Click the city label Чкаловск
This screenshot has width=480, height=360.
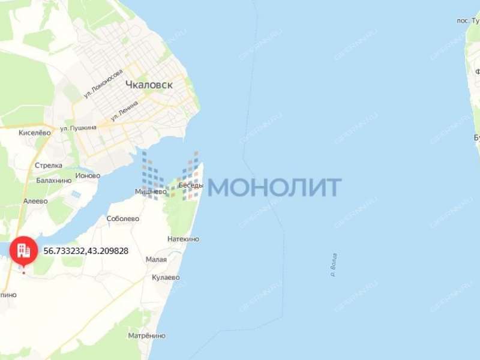(149, 85)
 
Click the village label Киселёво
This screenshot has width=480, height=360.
(35, 133)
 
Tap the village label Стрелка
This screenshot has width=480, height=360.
(49, 165)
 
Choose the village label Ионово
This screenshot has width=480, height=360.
(88, 176)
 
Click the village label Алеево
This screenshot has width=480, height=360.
(35, 201)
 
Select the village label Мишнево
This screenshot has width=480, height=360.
(150, 192)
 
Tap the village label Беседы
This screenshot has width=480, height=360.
(190, 185)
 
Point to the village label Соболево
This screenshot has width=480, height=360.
(123, 219)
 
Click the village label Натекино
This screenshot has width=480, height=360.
(183, 239)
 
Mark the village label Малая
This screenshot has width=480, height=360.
(156, 260)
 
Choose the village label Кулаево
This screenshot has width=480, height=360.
(166, 277)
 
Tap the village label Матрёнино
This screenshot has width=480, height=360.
(146, 335)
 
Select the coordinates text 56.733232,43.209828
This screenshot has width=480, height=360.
(86, 251)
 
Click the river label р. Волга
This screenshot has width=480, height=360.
(334, 264)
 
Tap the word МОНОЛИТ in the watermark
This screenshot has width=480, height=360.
(275, 187)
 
